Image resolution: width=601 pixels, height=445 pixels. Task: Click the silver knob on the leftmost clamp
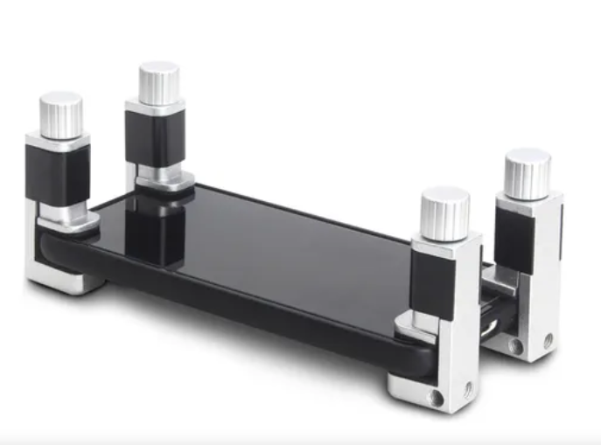(x=61, y=115)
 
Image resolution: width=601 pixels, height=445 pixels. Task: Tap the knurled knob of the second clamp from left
(x=159, y=83)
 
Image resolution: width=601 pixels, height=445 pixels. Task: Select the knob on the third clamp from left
(x=444, y=212)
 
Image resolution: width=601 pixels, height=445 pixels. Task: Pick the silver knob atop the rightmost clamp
(x=528, y=172)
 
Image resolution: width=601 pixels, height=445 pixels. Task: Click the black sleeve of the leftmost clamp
(x=57, y=174)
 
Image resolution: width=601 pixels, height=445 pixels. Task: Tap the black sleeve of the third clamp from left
(x=434, y=282)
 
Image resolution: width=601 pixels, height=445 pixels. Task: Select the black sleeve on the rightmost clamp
(x=514, y=239)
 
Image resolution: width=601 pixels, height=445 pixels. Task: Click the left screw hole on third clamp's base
(x=435, y=398)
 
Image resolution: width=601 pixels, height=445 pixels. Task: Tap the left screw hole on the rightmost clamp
(x=516, y=346)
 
